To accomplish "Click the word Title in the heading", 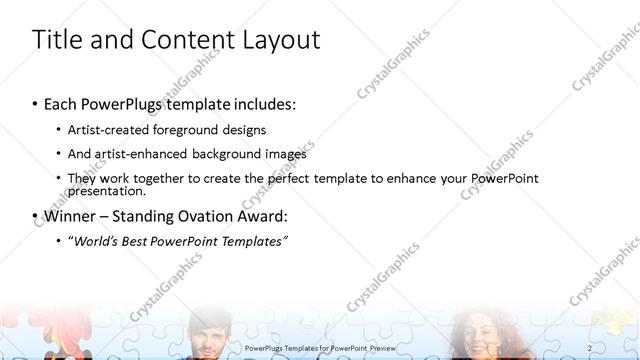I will [58, 40].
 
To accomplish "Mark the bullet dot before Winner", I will [36, 216].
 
